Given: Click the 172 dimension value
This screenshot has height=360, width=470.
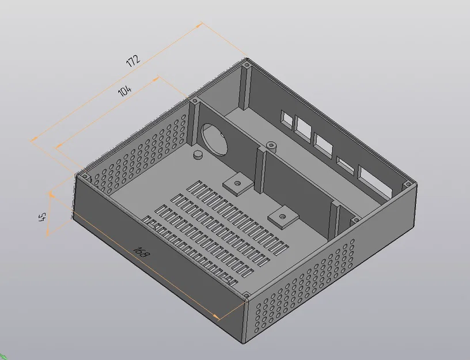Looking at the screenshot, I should pyautogui.click(x=134, y=60).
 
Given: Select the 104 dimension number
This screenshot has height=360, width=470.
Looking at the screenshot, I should pyautogui.click(x=125, y=91).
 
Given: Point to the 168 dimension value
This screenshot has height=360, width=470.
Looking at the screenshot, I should pyautogui.click(x=139, y=251).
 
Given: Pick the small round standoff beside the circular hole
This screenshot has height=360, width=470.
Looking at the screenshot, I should pyautogui.click(x=198, y=154).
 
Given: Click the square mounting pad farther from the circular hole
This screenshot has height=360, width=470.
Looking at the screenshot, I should pyautogui.click(x=282, y=216).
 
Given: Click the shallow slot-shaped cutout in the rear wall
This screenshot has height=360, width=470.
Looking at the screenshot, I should pyautogui.click(x=345, y=164).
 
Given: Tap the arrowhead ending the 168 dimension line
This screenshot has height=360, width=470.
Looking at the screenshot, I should pyautogui.click(x=217, y=316).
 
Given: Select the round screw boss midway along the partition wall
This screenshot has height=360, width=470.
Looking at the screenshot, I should pyautogui.click(x=271, y=145).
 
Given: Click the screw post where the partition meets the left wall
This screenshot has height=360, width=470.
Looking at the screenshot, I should pyautogui.click(x=195, y=101).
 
